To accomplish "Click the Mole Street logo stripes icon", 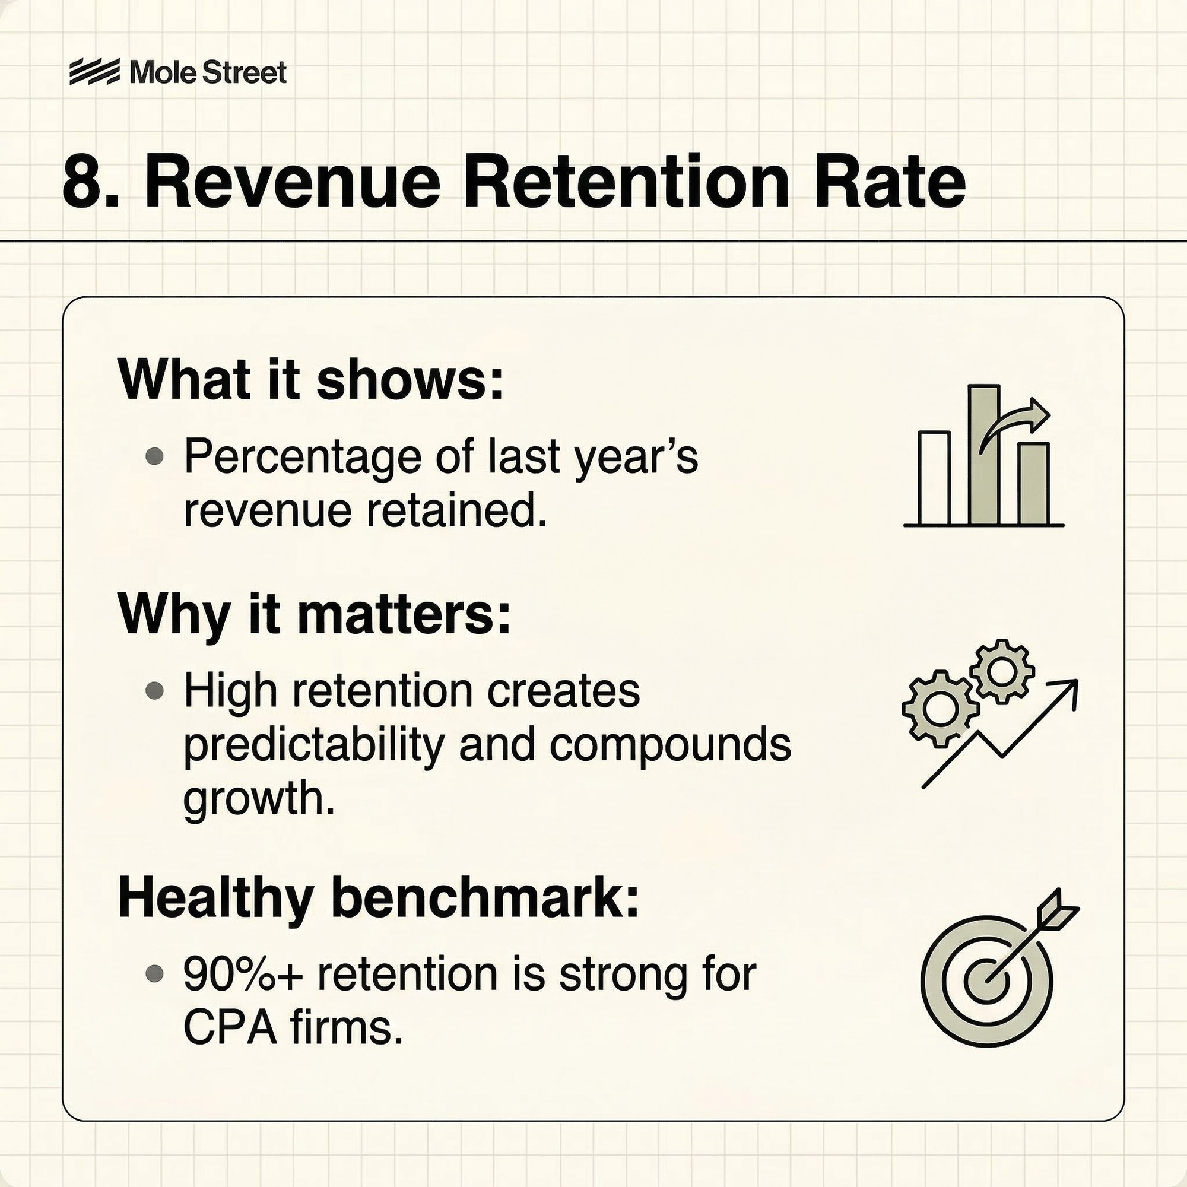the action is tap(94, 72).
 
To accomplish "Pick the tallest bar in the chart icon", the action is tap(984, 455).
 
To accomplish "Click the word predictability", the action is tap(313, 747).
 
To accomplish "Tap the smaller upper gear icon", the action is tap(1002, 671).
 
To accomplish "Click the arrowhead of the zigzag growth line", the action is tap(1067, 692).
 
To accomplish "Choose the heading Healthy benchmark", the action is tap(379, 898).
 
